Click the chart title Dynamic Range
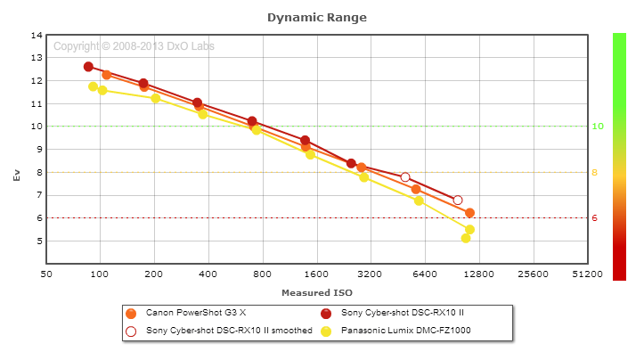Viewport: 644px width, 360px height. pyautogui.click(x=316, y=17)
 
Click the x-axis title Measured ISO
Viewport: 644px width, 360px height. pyautogui.click(x=316, y=291)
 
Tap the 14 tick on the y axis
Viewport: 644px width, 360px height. pyautogui.click(x=37, y=36)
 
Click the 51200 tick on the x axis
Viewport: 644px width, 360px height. pyautogui.click(x=586, y=274)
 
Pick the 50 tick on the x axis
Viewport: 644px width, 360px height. pyautogui.click(x=46, y=274)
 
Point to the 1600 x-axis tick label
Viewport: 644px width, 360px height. pyautogui.click(x=316, y=274)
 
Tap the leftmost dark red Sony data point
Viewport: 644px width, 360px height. pyautogui.click(x=88, y=67)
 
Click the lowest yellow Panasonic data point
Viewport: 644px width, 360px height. pyautogui.click(x=466, y=238)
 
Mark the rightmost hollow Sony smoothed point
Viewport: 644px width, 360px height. pyautogui.click(x=458, y=200)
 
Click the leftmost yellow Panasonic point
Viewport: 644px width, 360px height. pyautogui.click(x=93, y=86)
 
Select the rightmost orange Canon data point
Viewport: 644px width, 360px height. pyautogui.click(x=469, y=213)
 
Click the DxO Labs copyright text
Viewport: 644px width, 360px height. pyautogui.click(x=134, y=46)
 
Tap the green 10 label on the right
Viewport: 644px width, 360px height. pyautogui.click(x=599, y=127)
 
